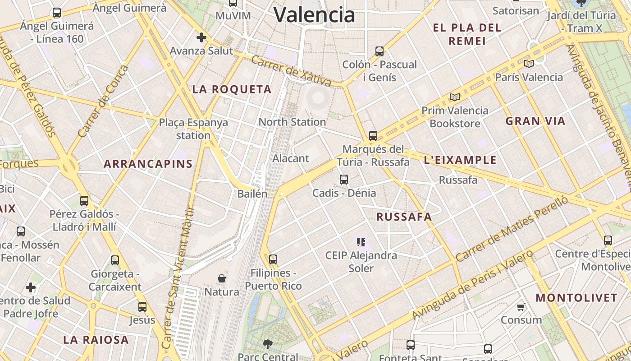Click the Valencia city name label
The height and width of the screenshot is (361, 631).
pos(314,15)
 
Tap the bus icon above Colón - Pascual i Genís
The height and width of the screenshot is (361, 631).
pos(380,51)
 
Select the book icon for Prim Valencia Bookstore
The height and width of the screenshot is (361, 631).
pos(455,97)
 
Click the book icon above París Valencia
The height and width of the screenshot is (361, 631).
pos(529,64)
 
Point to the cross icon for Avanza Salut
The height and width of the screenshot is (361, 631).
pos(201,37)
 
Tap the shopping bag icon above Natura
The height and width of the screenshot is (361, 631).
pos(222,278)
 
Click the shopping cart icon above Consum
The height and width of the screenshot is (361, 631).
pos(521,307)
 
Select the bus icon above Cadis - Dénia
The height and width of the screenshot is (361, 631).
pos(344,180)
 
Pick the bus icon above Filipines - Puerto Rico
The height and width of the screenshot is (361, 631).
pos(273,259)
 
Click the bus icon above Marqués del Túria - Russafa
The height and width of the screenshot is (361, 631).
pos(373,135)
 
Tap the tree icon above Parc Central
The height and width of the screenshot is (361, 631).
pos(268,344)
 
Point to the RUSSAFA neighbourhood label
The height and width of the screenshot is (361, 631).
pos(404,217)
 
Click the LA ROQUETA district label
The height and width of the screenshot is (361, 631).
pos(232,89)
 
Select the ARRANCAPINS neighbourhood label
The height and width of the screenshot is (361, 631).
pos(148,164)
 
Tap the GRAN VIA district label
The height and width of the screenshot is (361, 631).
pos(535,121)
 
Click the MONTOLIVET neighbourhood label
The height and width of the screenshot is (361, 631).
pos(576,298)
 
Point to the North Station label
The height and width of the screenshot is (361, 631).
pos(292,122)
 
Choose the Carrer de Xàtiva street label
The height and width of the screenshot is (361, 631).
pos(291,71)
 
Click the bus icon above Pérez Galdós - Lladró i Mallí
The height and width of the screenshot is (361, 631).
pos(84,201)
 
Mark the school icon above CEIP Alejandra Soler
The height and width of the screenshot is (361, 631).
pos(361,242)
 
